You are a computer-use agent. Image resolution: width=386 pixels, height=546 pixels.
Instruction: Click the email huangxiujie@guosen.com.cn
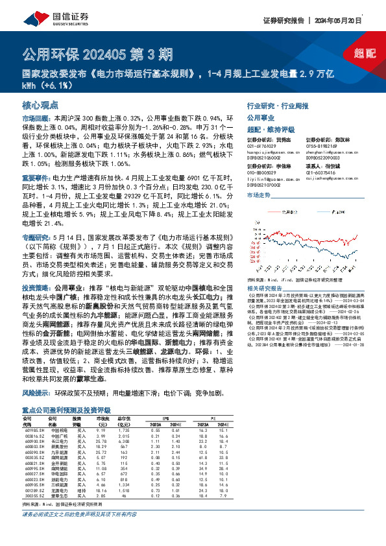(271, 150)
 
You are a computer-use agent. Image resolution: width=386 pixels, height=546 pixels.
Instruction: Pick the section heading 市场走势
(259, 194)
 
